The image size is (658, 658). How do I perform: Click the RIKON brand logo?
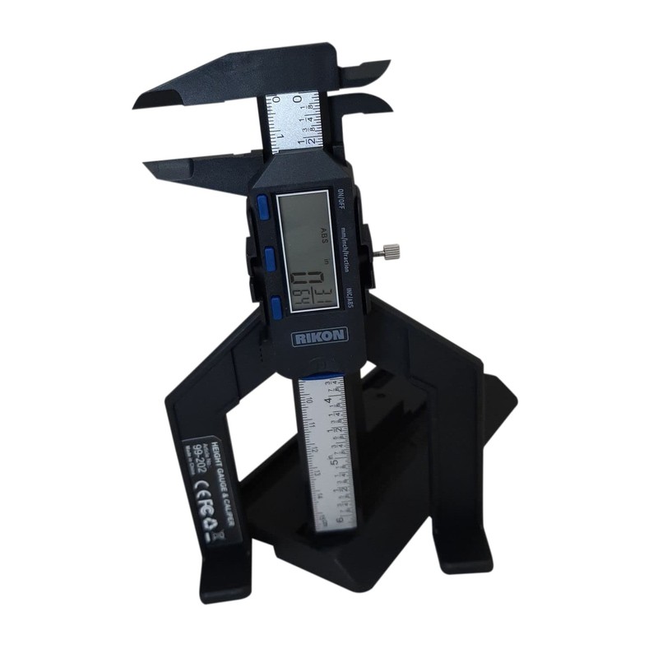coord(319,335)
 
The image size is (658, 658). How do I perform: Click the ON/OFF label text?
coord(338,200)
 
